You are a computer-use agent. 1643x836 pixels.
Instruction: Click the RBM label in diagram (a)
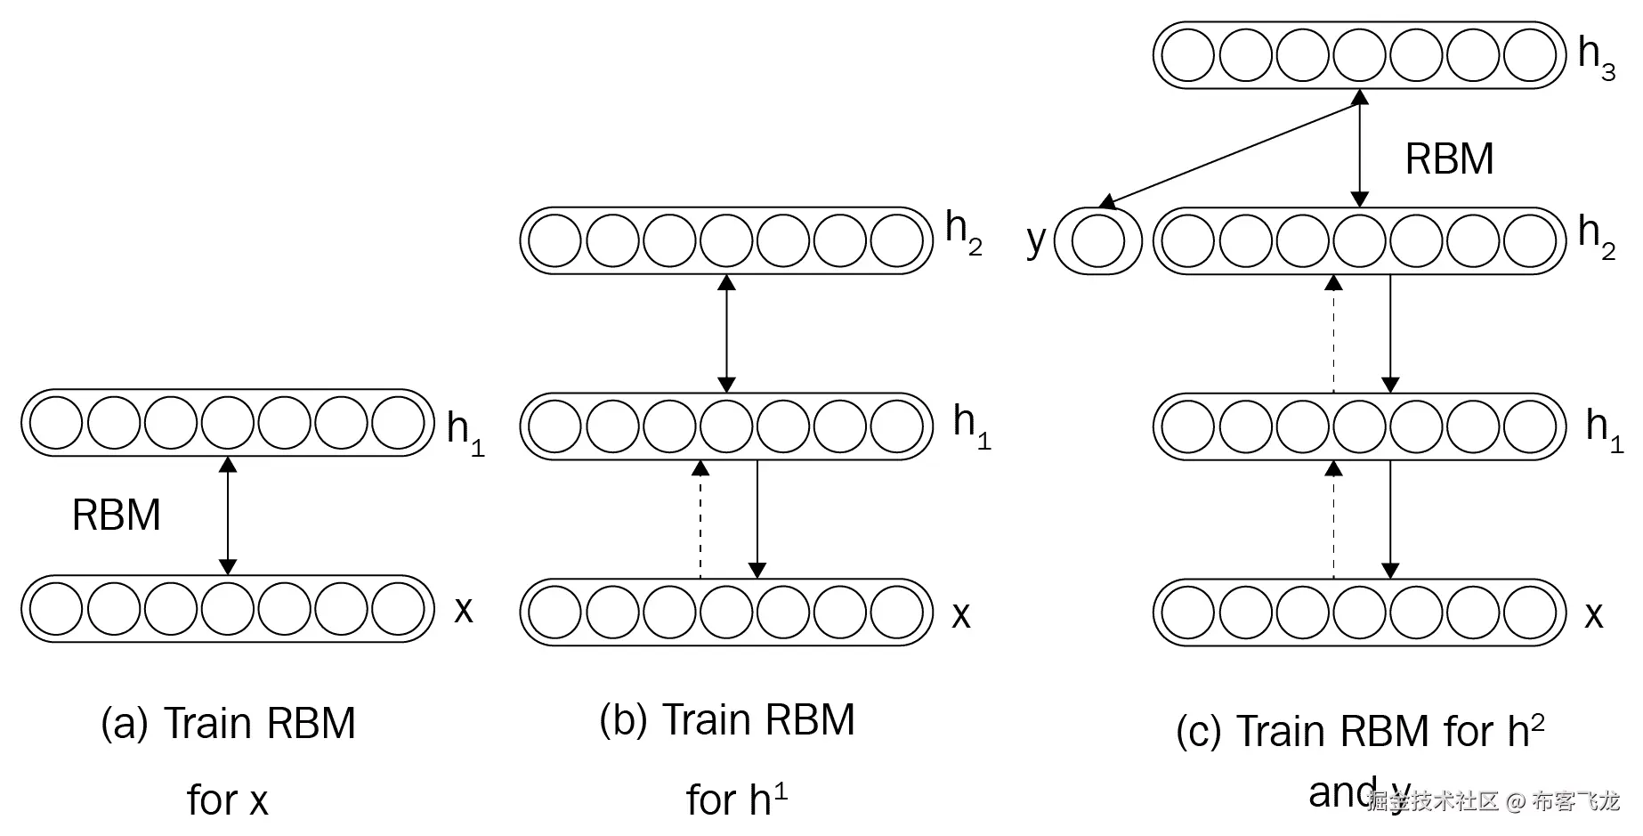pos(117,515)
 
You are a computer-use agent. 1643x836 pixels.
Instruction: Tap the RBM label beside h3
pos(1449,159)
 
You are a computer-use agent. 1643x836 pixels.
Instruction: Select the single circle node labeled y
pos(1097,240)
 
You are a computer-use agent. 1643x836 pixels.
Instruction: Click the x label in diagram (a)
pos(464,610)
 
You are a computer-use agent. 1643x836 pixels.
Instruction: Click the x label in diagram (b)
pos(961,615)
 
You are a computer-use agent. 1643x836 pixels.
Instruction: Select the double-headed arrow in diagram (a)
pos(228,515)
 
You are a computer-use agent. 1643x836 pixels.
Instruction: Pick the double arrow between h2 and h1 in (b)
pos(726,334)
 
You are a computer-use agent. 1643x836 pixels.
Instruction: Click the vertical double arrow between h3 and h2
pos(1359,149)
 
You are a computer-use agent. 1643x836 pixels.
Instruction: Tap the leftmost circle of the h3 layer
pos(1189,55)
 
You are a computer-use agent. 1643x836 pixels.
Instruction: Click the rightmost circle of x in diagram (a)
pos(398,609)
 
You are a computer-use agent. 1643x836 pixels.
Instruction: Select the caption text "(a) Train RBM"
pos(229,723)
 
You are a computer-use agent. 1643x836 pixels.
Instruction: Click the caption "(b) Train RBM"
pos(727,719)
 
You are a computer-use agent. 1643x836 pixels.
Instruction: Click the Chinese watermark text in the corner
pos(1493,801)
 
